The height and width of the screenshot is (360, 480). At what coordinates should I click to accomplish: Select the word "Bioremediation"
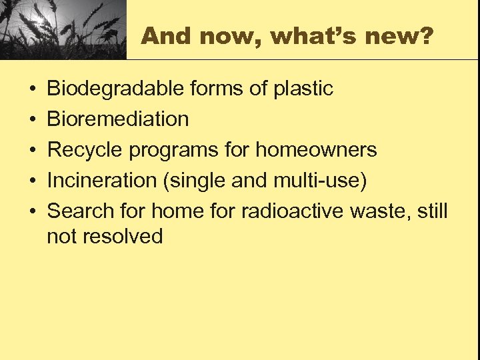click(118, 119)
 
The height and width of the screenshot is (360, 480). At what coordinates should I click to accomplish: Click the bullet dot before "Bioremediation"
click(32, 120)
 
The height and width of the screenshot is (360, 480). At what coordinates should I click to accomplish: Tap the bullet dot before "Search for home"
click(32, 212)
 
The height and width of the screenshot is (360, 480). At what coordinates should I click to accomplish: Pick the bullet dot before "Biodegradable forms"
click(32, 89)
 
